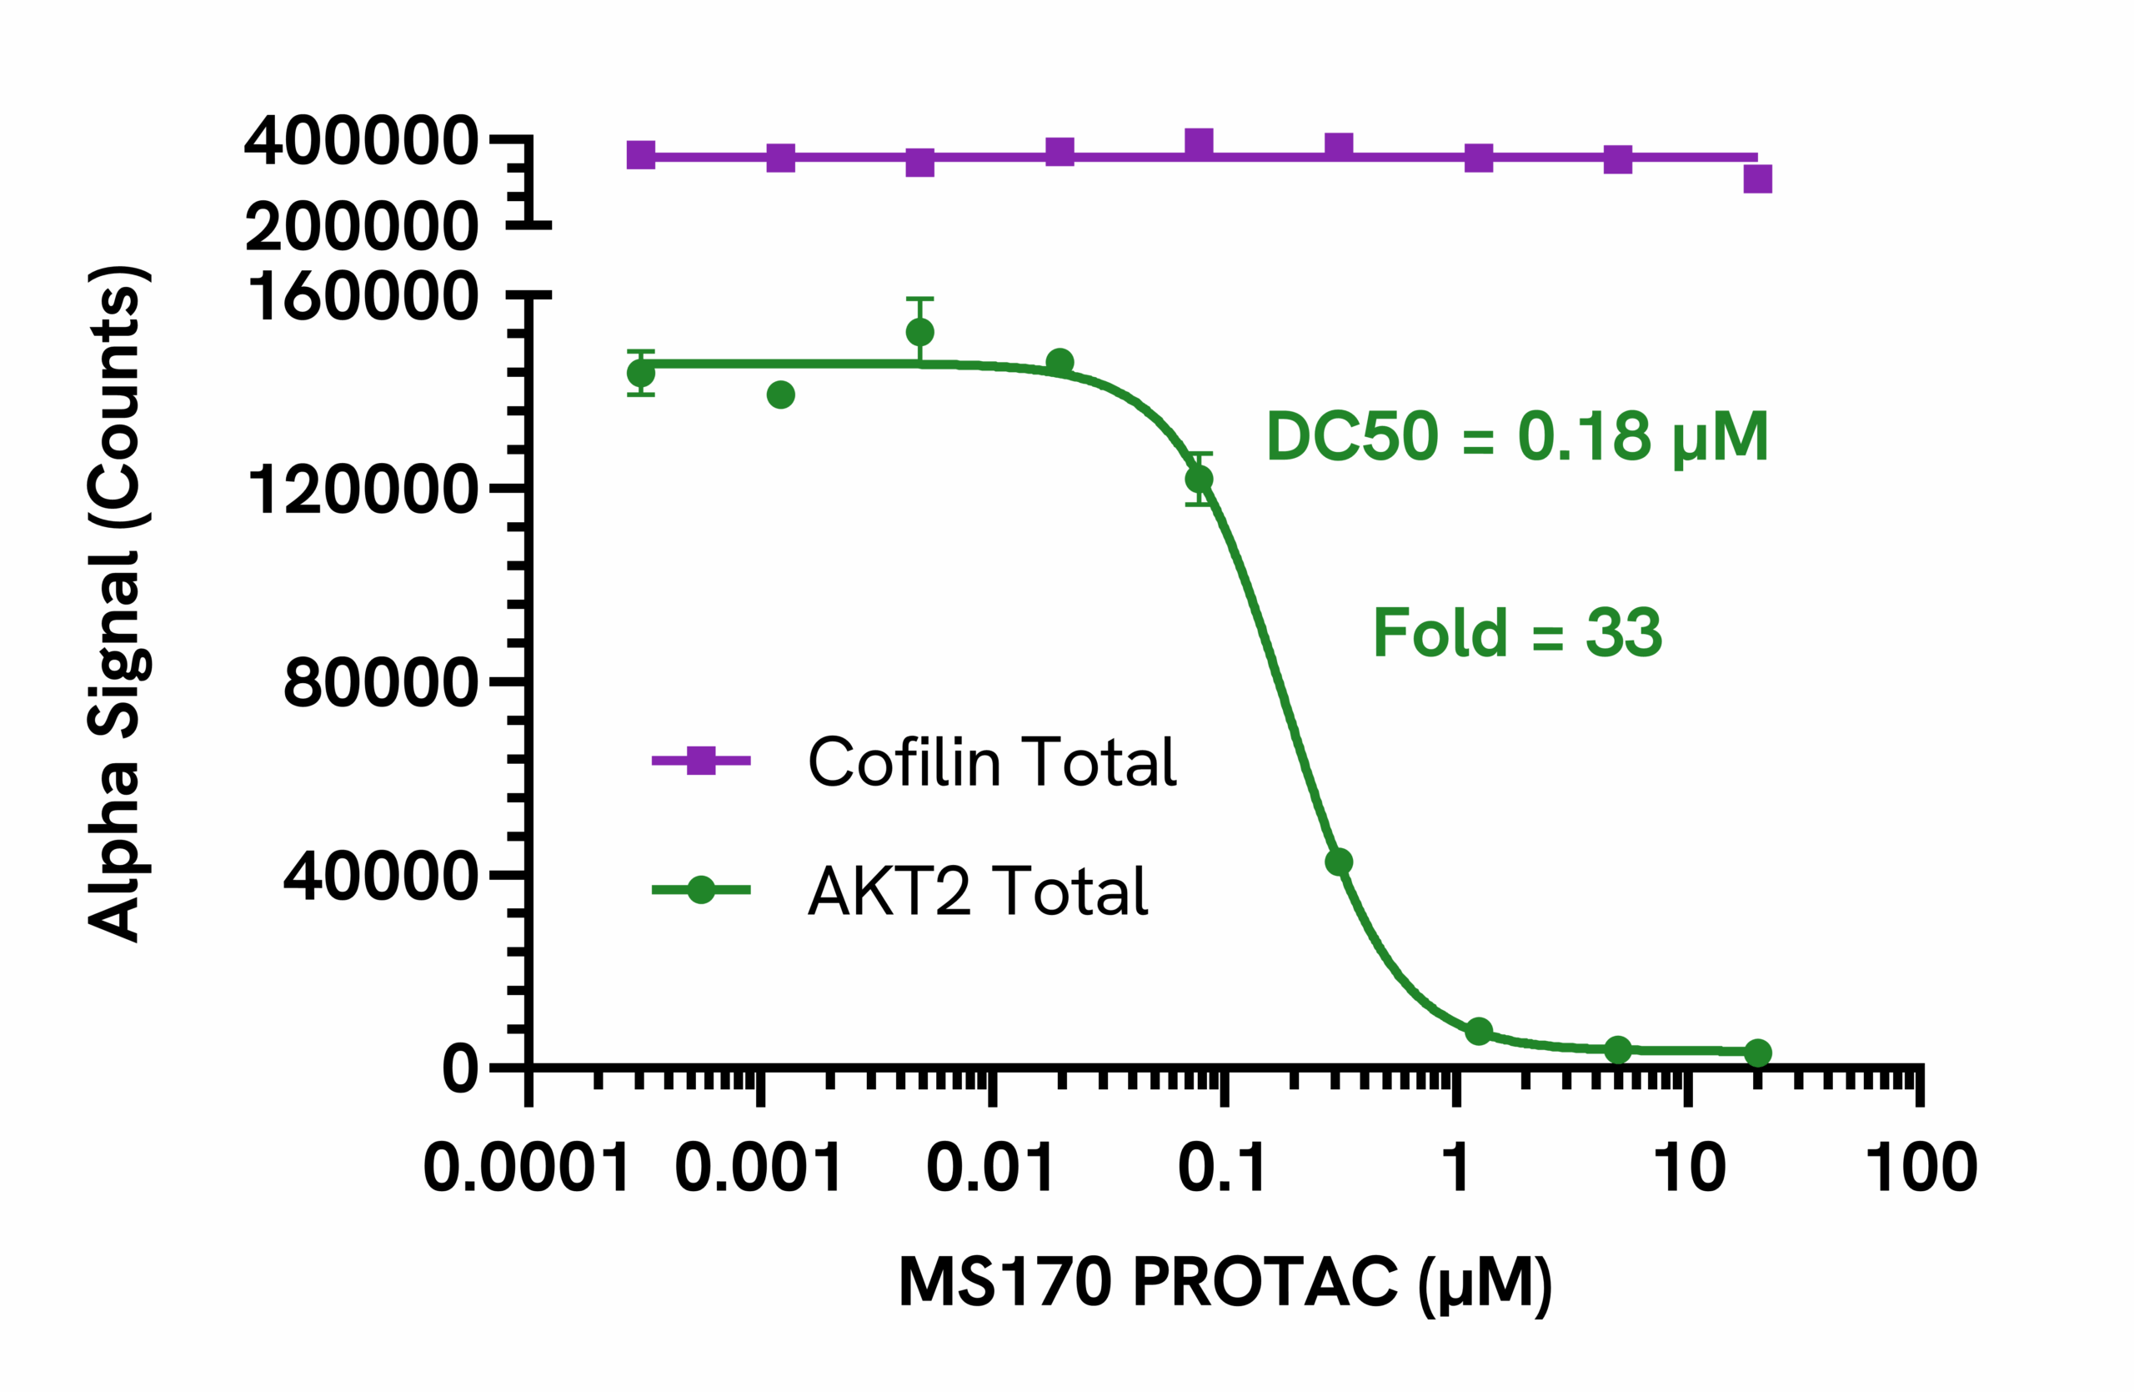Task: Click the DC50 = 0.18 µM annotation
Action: (x=1515, y=438)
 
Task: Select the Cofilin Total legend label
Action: (x=992, y=761)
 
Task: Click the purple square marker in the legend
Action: (x=700, y=761)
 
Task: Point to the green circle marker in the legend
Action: (x=700, y=890)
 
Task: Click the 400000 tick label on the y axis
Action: (x=361, y=141)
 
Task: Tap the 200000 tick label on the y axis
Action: (x=361, y=226)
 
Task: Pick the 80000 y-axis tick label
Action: (x=380, y=683)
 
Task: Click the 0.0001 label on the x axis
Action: (x=526, y=1168)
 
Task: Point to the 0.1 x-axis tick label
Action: (x=1222, y=1168)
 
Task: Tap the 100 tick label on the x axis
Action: (x=1921, y=1168)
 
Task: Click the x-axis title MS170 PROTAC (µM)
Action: (x=1225, y=1283)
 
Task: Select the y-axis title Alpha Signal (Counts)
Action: (x=117, y=603)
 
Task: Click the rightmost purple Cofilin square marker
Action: (x=1757, y=178)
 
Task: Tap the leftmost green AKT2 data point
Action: (x=641, y=372)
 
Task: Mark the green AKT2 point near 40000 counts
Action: (x=1338, y=862)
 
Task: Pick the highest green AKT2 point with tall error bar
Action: (x=920, y=333)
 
